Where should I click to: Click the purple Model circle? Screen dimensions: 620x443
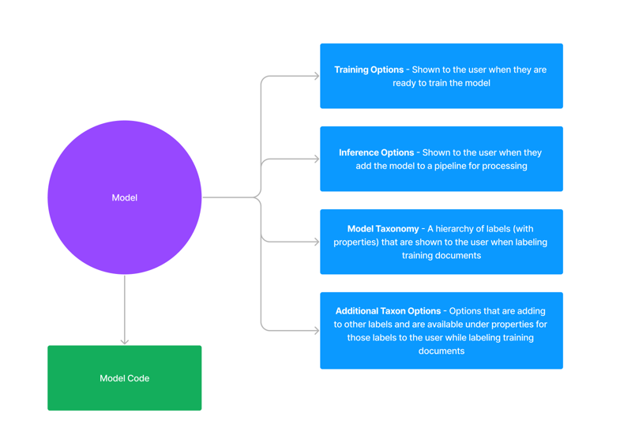coord(125,197)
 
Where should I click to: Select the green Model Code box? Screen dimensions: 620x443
coord(125,377)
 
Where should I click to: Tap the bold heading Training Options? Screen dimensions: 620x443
coord(369,70)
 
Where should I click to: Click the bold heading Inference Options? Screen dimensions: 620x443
coord(377,152)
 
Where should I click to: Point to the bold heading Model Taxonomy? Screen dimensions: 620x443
coord(383,229)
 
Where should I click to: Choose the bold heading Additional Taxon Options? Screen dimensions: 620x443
coord(389,311)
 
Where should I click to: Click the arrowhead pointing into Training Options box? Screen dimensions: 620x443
coord(317,76)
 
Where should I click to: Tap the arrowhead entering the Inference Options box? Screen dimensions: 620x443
coord(317,159)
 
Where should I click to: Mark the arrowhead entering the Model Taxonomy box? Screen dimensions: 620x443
coord(317,242)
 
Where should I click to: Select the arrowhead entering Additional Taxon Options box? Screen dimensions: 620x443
coord(317,330)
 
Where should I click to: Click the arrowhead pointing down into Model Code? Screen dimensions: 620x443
coord(125,341)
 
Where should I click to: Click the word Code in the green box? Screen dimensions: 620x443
coord(138,378)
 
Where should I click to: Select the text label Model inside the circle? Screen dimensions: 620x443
coord(125,197)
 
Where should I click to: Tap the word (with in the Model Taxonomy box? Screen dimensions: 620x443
coord(523,229)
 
